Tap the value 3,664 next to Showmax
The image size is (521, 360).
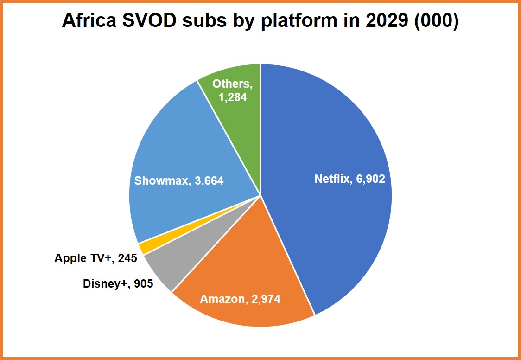207,180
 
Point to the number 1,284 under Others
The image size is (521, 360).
233,97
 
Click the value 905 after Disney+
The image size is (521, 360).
143,283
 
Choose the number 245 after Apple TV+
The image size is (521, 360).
127,258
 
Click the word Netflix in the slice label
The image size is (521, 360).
331,179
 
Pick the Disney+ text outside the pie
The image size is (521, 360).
106,283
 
